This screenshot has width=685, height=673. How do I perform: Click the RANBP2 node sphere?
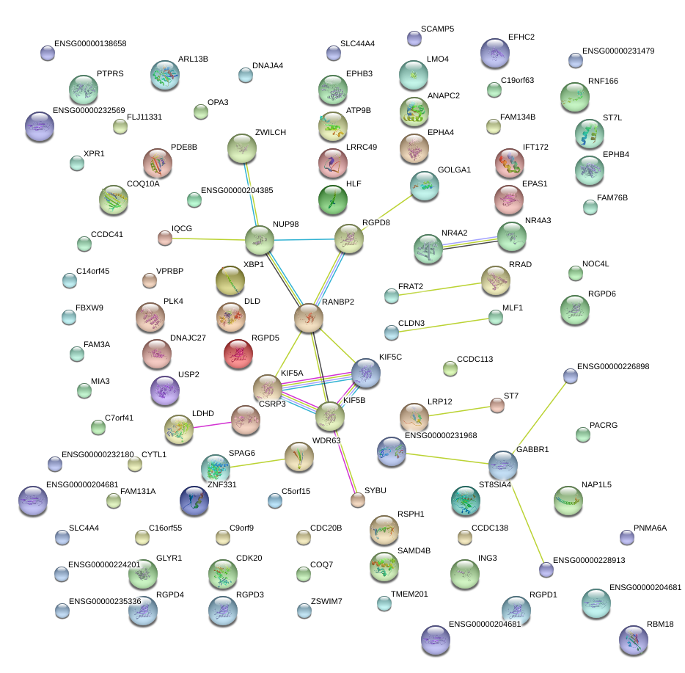(309, 318)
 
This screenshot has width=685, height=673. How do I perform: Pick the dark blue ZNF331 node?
(194, 501)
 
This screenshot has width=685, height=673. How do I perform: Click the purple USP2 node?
(164, 390)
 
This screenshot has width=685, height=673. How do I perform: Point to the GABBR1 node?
(503, 464)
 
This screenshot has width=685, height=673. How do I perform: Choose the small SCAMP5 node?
(414, 37)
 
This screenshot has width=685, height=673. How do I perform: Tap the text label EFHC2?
(521, 37)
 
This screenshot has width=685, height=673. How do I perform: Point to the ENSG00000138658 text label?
(90, 43)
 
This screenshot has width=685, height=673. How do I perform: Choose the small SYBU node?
(357, 501)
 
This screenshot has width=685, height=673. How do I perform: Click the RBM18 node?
(633, 640)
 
